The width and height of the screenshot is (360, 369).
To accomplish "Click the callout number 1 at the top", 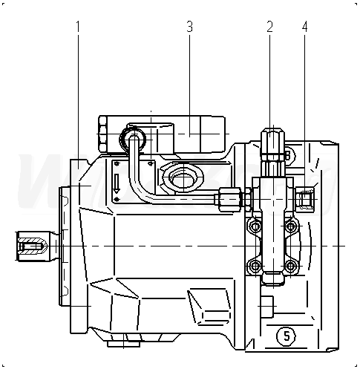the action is tap(78, 27).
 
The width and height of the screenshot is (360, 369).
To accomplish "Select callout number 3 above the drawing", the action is tap(190, 27).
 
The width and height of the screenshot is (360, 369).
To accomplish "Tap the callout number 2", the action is tap(269, 27).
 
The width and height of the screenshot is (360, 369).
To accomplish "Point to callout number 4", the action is tap(305, 27).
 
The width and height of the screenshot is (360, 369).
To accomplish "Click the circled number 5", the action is tap(287, 336).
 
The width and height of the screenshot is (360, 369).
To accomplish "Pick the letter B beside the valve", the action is tap(287, 156).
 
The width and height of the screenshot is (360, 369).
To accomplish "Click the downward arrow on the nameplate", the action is tap(117, 183).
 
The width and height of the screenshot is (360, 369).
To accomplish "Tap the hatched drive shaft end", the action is tap(32, 246).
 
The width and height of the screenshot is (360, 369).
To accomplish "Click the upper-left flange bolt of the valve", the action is tap(255, 226).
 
